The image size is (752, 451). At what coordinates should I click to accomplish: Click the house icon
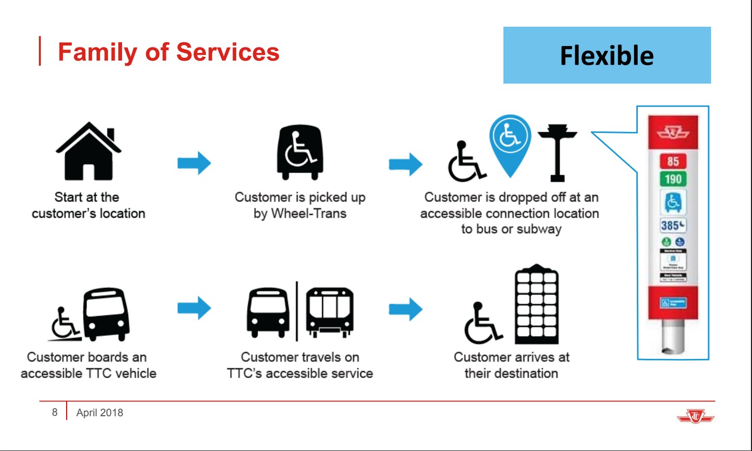pos(88,151)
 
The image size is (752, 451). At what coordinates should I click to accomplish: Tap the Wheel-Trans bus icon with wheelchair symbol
pos(300,152)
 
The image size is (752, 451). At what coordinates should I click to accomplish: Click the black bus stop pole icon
pos(557,153)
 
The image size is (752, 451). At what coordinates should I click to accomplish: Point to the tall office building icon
pos(536,305)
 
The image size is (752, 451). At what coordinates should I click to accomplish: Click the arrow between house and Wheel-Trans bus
pos(194,163)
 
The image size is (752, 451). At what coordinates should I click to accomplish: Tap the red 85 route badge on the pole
pos(672,161)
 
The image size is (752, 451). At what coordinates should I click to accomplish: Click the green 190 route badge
pos(672,179)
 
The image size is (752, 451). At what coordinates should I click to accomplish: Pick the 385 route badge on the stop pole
pos(672,226)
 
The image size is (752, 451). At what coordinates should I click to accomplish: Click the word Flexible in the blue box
pos(607,56)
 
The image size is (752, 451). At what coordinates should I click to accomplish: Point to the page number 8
pos(54,412)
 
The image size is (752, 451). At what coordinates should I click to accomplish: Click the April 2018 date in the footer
pos(100,413)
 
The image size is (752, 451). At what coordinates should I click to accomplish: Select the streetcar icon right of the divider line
pos(330,312)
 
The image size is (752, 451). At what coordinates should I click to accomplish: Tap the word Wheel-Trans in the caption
pos(309,214)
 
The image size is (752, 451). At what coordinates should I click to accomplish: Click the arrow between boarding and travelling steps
pos(194,308)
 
